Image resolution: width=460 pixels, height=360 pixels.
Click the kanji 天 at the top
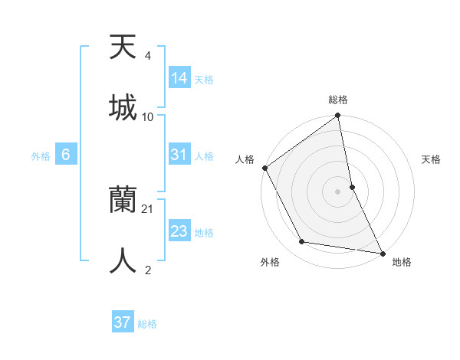[x=123, y=47]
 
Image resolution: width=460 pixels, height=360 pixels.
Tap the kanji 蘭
[x=123, y=201]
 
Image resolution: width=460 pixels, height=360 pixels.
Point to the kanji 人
[x=123, y=260]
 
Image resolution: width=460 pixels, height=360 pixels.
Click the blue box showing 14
[x=179, y=77]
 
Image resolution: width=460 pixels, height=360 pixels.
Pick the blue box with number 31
[x=179, y=155]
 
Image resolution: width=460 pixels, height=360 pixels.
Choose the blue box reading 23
[x=179, y=231]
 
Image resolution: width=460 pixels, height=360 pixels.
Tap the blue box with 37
[x=123, y=322]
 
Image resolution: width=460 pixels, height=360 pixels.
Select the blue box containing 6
[x=66, y=155]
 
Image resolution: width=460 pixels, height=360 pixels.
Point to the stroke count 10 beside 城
[x=148, y=116]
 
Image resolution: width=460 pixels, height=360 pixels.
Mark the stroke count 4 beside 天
[x=147, y=56]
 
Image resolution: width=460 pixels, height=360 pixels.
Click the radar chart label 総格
[x=338, y=100]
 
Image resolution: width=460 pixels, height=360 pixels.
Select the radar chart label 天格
[x=432, y=159]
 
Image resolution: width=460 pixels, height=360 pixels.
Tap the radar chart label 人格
[x=245, y=159]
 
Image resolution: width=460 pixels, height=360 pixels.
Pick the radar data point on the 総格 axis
[x=338, y=116]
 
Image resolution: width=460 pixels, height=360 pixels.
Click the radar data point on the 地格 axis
[x=382, y=252]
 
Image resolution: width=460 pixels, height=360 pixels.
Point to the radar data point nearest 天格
[x=352, y=186]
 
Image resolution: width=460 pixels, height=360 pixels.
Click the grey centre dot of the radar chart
[x=338, y=191]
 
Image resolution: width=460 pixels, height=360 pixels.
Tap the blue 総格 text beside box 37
[x=147, y=324]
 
